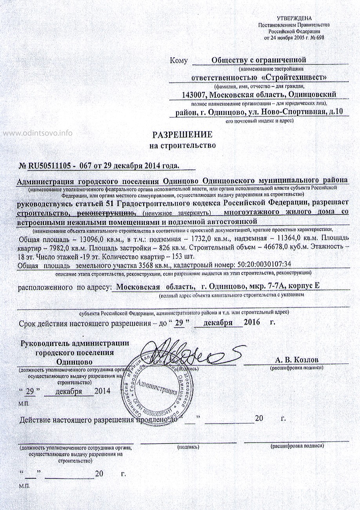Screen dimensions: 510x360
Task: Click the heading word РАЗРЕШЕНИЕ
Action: tap(182, 135)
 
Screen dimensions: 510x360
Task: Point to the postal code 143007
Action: tap(195, 95)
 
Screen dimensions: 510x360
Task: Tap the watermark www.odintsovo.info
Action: tap(38, 133)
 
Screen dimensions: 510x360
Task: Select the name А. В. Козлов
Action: tap(297, 360)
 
